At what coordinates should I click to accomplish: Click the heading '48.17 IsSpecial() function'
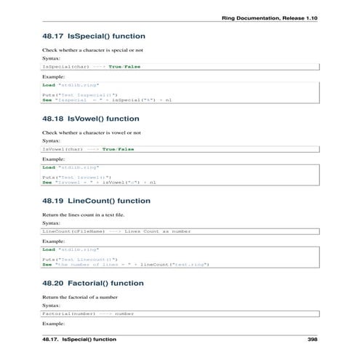[94, 36]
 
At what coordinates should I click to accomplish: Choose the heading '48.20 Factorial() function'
[92, 283]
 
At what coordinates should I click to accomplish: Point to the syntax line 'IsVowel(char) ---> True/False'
[88, 148]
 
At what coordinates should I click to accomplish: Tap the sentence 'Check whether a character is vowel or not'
[91, 133]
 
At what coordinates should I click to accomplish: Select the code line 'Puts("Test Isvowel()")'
[74, 177]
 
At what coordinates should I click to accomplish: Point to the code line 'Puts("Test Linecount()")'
[79, 258]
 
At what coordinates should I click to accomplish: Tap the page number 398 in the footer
[313, 340]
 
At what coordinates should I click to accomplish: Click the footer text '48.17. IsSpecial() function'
[79, 340]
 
